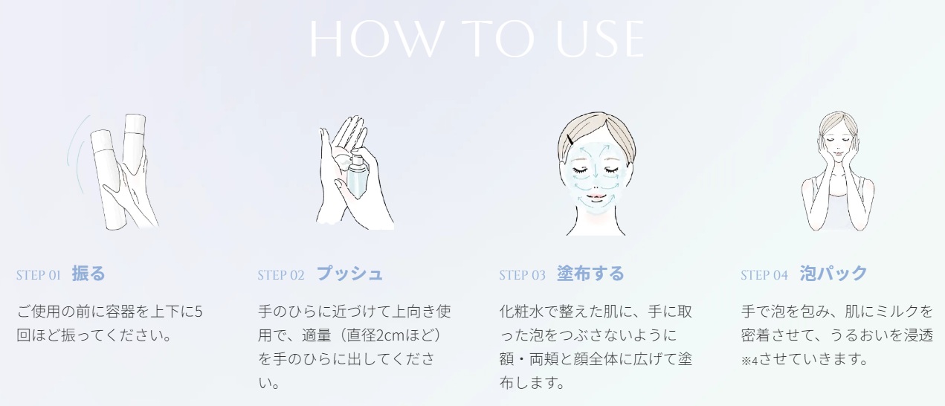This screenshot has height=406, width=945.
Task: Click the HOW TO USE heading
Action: point(477,39)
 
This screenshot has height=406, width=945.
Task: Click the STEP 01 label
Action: point(39,275)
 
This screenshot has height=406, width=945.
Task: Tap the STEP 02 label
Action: point(281,275)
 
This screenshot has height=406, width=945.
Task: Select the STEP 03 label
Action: point(522,275)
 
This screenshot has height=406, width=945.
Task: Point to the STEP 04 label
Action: point(764,275)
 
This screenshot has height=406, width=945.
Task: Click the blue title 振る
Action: point(88,274)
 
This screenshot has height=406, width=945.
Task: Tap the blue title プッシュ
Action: point(349,274)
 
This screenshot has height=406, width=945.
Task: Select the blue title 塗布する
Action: point(590,274)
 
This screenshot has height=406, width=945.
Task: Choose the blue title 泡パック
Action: point(833,274)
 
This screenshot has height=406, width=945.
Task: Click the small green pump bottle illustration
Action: point(357,175)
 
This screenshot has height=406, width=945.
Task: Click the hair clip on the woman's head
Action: point(571,140)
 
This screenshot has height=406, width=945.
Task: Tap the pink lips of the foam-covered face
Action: point(596,197)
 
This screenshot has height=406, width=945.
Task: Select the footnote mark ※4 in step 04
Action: point(749,361)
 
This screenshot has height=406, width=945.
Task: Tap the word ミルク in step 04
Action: point(888,312)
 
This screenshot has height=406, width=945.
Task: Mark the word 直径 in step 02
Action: point(361,335)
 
